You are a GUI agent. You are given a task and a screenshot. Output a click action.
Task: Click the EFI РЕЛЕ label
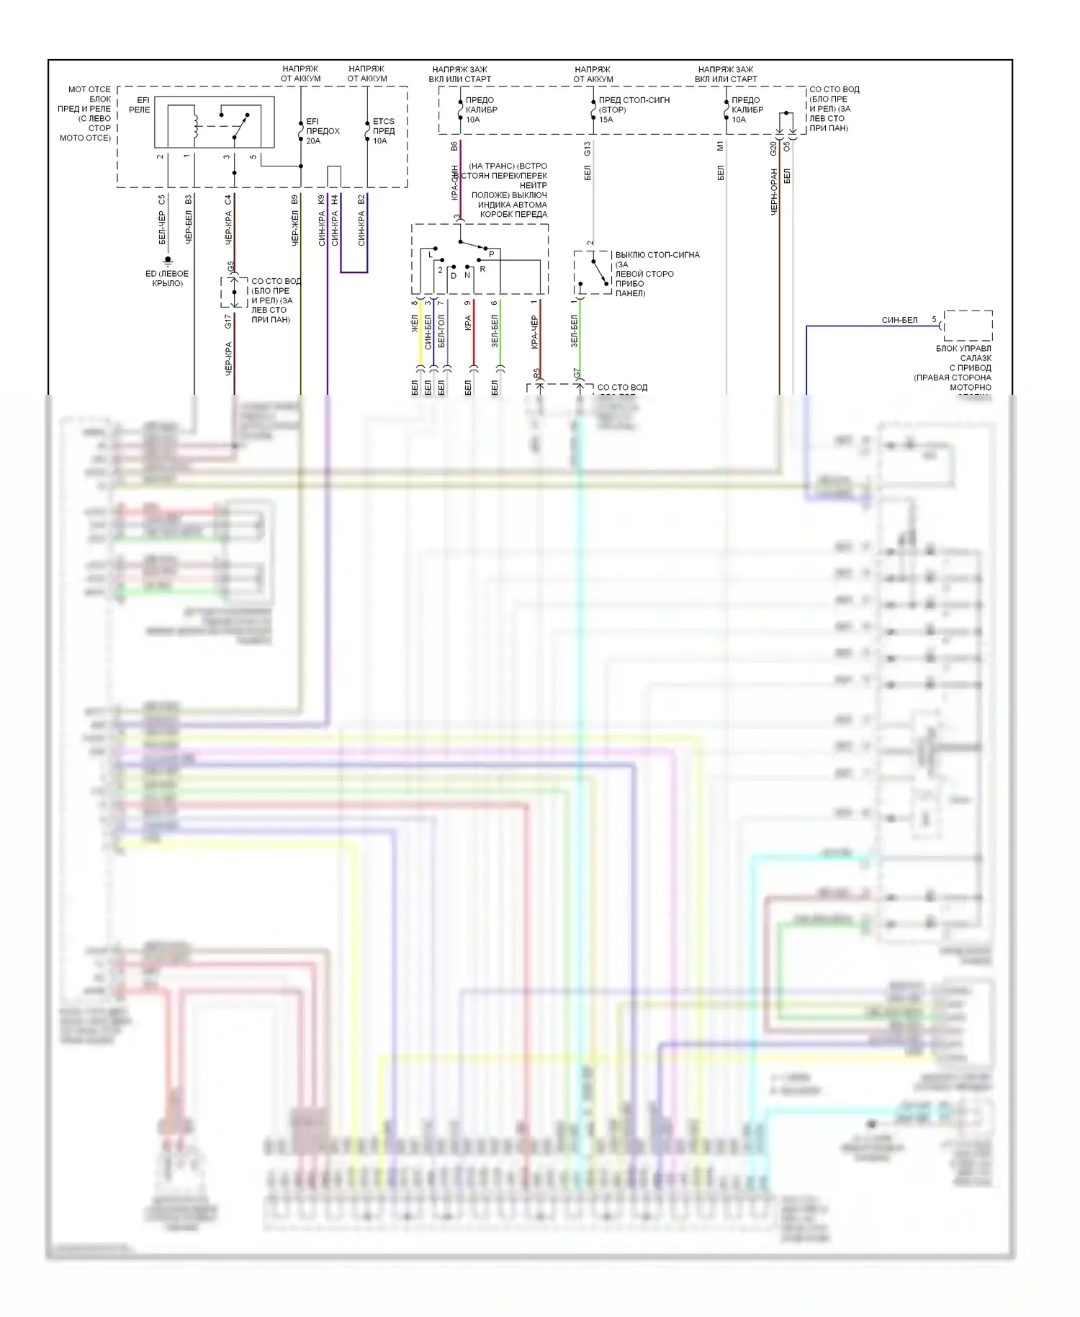pos(140,105)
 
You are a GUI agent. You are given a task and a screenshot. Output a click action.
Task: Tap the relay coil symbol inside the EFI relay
pos(193,125)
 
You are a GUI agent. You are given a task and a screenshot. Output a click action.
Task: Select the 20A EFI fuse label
pos(322,131)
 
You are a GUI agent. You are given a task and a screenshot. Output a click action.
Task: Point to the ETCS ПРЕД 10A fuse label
pos(383,131)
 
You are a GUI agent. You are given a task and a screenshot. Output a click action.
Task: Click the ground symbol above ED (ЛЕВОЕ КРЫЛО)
pos(167,260)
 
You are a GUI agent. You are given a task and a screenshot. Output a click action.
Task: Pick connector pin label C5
pos(161,200)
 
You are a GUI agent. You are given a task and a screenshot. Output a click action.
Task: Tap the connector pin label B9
pos(294,200)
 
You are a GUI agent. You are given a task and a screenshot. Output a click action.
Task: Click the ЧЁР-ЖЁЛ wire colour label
pos(294,229)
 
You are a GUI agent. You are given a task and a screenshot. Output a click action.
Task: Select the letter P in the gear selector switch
pos(492,254)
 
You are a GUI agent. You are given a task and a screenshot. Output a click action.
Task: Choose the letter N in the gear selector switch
pos(467,275)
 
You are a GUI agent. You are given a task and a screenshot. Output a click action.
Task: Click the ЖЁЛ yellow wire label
pos(415,325)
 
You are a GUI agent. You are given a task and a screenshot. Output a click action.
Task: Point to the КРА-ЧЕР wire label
pos(534,332)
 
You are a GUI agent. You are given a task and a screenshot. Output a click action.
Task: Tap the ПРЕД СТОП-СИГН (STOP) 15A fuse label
pos(634,110)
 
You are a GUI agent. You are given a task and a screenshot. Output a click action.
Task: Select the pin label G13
pos(587,148)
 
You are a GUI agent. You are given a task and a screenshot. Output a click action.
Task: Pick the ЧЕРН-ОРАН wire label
pos(774,192)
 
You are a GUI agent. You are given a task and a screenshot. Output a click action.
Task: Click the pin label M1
pos(720,146)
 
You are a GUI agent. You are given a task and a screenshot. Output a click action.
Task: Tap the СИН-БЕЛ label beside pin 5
pos(899,320)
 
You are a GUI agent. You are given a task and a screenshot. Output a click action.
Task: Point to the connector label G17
pos(228,321)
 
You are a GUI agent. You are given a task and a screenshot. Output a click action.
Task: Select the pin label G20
pos(773,148)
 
